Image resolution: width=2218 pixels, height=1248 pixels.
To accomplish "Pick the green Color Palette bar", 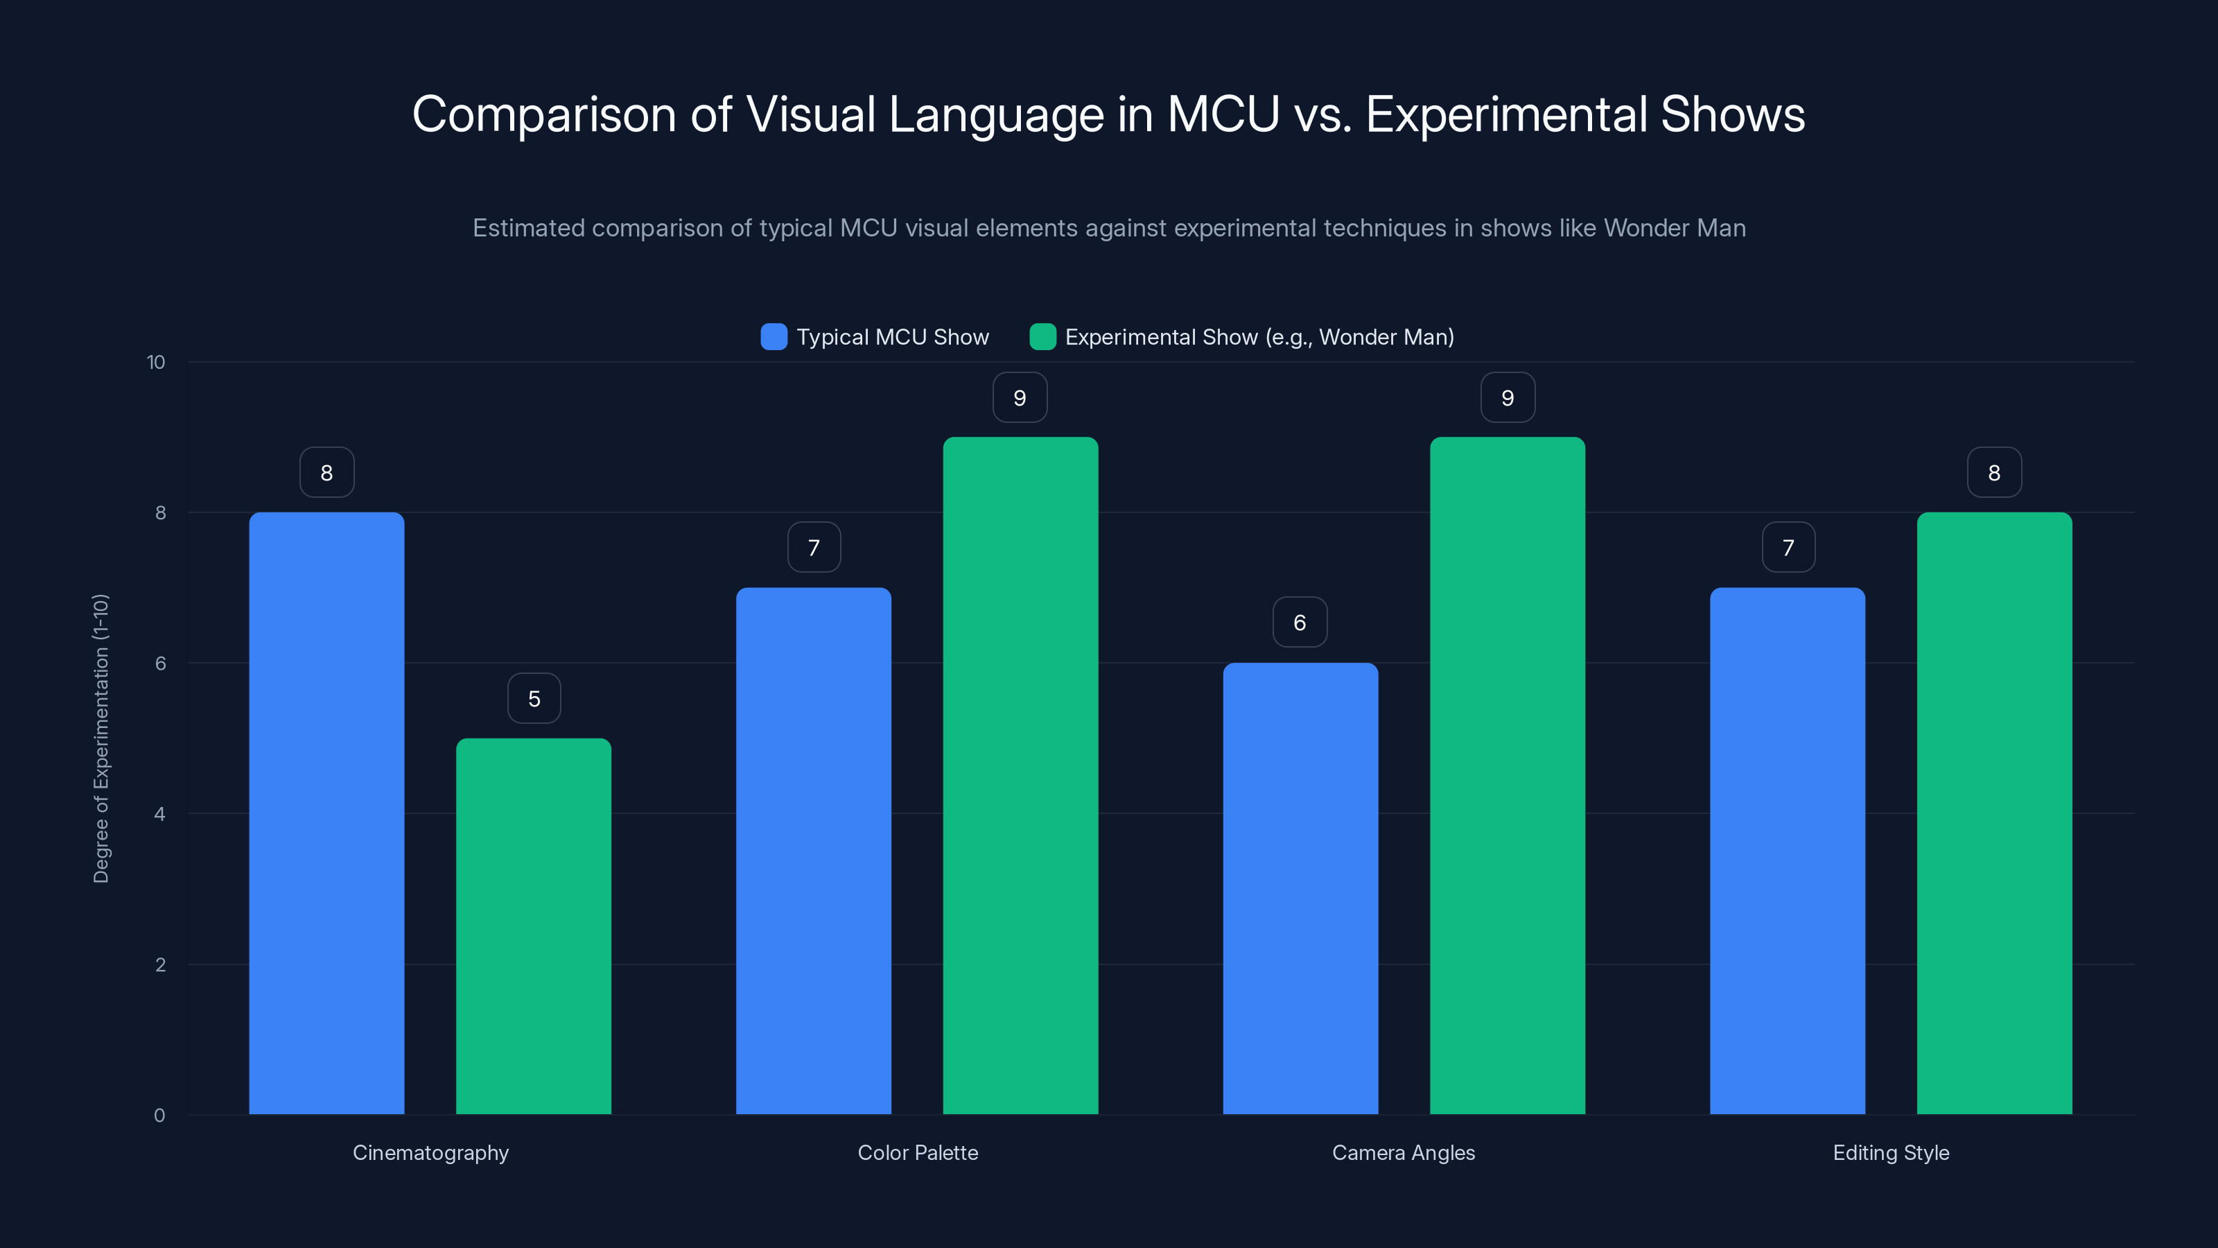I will [1020, 775].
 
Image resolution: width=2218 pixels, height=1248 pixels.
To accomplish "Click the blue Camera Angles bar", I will [1300, 888].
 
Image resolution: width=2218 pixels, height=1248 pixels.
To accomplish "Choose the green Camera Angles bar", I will [1507, 775].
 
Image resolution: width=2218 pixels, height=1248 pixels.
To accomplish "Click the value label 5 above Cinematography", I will [534, 698].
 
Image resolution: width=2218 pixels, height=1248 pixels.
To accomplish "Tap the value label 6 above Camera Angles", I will [1300, 623].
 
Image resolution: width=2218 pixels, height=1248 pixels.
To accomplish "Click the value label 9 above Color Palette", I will [1020, 398].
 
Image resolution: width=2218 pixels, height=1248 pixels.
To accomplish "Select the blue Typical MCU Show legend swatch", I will [774, 337].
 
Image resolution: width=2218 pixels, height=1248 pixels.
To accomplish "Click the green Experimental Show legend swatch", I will [1042, 337].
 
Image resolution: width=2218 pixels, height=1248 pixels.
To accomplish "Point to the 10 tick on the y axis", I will [156, 363].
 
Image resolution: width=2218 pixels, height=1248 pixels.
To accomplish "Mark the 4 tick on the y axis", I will [160, 814].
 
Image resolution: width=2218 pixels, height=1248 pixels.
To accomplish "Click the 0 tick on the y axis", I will [160, 1116].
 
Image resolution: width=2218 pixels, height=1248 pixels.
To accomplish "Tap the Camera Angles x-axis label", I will [1404, 1152].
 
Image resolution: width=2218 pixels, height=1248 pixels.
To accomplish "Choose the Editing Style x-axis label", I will [1891, 1152].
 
